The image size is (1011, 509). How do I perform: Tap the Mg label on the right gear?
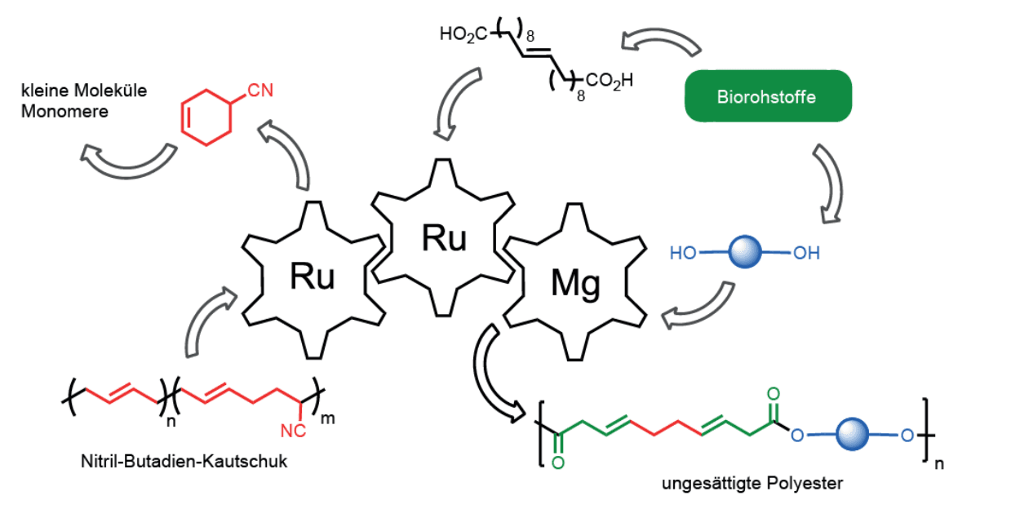575,284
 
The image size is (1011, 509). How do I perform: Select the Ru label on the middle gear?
444,237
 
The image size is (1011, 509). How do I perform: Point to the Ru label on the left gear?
313,277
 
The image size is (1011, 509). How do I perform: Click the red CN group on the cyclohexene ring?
260,91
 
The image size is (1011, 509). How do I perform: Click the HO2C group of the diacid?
463,34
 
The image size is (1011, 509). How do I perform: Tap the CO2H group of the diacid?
605,82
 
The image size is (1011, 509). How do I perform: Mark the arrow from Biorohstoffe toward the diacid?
660,41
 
